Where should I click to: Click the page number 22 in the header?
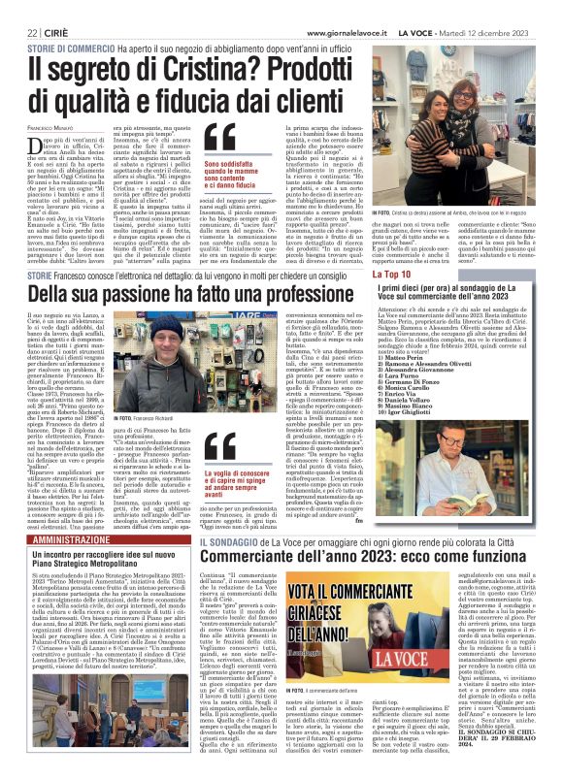click(x=20, y=9)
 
